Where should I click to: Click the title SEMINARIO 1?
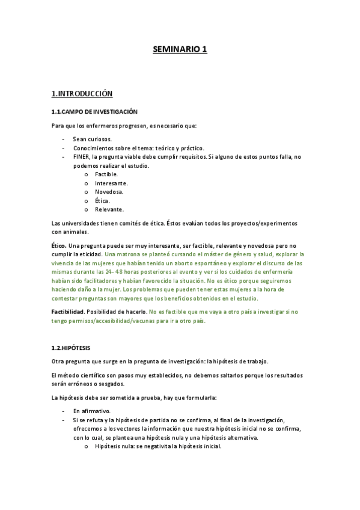coord(180,50)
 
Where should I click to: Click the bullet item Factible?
coord(106,174)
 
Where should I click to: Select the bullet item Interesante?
coord(111,183)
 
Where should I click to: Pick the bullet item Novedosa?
coord(109,192)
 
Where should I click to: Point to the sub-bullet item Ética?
coord(102,200)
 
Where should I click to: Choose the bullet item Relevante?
coord(109,209)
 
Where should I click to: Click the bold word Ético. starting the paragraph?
coord(59,245)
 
